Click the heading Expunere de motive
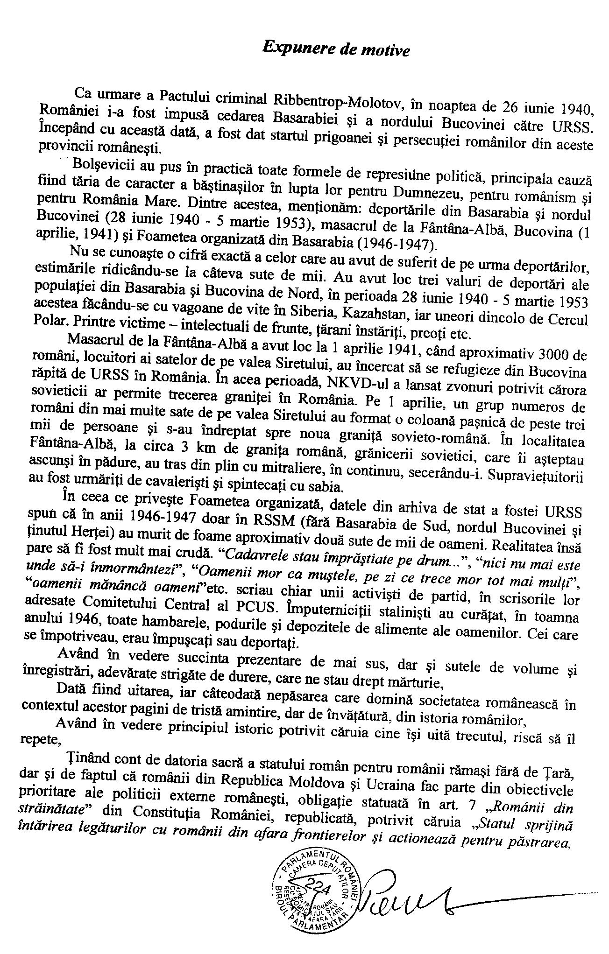pyautogui.click(x=336, y=48)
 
